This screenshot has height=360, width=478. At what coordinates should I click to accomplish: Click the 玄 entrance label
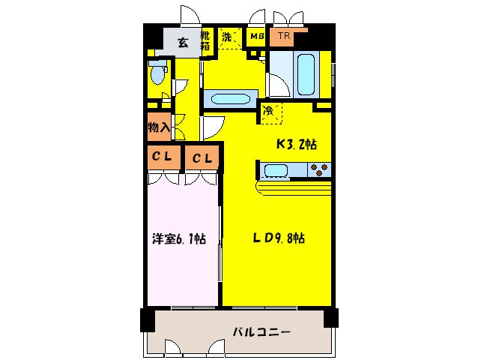point(182,42)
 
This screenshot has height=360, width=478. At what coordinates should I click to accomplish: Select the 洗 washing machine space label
point(227,37)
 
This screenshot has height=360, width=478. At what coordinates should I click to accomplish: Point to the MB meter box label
point(257,36)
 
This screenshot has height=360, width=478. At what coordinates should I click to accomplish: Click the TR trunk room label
point(284,36)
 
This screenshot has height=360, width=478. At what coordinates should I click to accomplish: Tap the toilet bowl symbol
point(157,76)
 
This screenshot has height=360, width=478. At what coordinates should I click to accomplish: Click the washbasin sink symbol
point(232,98)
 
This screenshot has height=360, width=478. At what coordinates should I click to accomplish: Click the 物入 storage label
point(159,127)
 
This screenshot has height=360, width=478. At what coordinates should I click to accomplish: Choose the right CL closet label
point(202,158)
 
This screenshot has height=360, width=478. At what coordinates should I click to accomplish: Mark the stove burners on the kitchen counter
point(319,170)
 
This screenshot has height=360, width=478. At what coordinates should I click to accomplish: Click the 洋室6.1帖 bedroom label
point(180,239)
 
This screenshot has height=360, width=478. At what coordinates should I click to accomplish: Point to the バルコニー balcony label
point(261,331)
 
